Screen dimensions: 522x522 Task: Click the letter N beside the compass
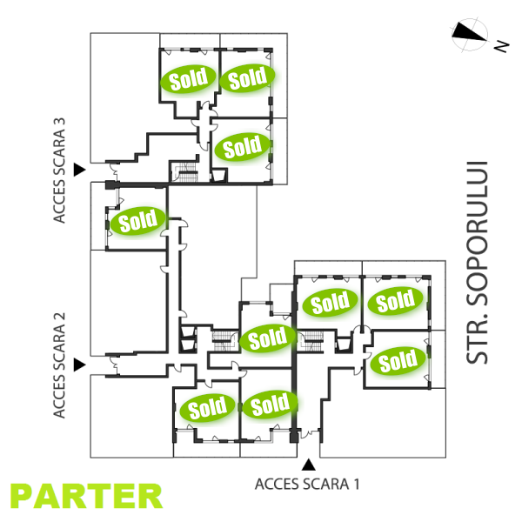[502, 46]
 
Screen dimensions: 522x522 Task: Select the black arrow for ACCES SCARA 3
[80, 169]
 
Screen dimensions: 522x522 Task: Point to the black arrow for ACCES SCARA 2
[80, 364]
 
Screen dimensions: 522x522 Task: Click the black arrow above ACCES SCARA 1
[307, 465]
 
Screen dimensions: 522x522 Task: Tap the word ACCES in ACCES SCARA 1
[277, 484]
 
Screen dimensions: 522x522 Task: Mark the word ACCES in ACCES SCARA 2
[60, 392]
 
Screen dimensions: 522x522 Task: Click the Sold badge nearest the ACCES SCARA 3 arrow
[137, 220]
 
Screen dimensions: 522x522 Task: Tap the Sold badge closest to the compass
[247, 79]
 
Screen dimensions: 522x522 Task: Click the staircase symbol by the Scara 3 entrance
[184, 171]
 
